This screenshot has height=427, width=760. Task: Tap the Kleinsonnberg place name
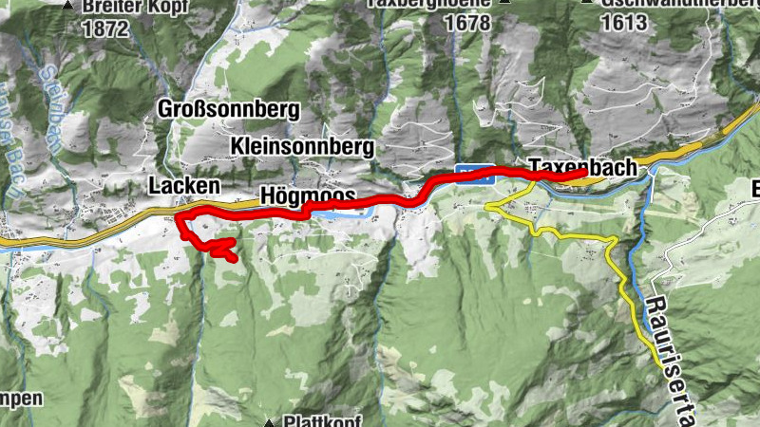[x=302, y=146]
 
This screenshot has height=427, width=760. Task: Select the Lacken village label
[x=183, y=185]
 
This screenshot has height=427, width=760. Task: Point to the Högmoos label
[x=307, y=197]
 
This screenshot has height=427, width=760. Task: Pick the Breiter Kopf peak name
[x=135, y=6]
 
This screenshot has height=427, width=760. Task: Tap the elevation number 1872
[x=104, y=28]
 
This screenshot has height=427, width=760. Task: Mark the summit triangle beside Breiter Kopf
[x=67, y=6]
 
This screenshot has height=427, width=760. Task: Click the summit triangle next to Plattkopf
[x=270, y=422]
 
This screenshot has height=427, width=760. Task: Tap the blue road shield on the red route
[x=475, y=170]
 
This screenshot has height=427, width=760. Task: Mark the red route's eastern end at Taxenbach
[x=582, y=174]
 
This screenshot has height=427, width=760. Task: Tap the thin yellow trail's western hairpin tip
[x=485, y=204]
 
